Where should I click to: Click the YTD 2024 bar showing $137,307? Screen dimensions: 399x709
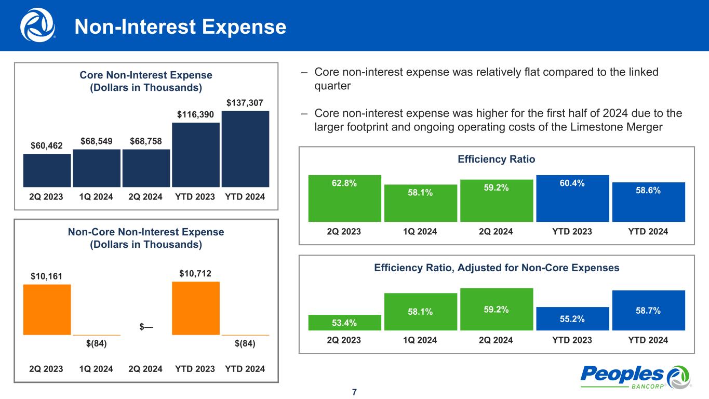245,149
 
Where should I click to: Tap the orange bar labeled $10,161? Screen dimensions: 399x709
47,310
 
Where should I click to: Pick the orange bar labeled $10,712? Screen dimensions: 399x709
196,308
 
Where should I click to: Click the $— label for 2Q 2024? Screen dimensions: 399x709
146,327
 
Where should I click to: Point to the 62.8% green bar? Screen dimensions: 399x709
345,198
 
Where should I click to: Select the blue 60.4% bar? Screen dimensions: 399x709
572,198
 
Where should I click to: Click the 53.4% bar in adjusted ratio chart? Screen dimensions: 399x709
345,323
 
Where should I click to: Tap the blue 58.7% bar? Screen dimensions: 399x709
648,310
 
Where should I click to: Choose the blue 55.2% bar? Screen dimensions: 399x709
572,318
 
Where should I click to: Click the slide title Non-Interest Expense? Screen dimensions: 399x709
180,27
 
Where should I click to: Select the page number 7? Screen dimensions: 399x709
354,392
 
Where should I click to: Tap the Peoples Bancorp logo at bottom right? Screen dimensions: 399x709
635,377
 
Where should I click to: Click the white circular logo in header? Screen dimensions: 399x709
37,25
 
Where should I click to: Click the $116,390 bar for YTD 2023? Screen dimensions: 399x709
196,155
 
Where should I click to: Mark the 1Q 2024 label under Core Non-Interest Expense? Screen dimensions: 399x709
97,197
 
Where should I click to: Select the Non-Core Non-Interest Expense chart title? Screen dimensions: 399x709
146,238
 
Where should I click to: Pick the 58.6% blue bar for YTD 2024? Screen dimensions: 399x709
648,202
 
